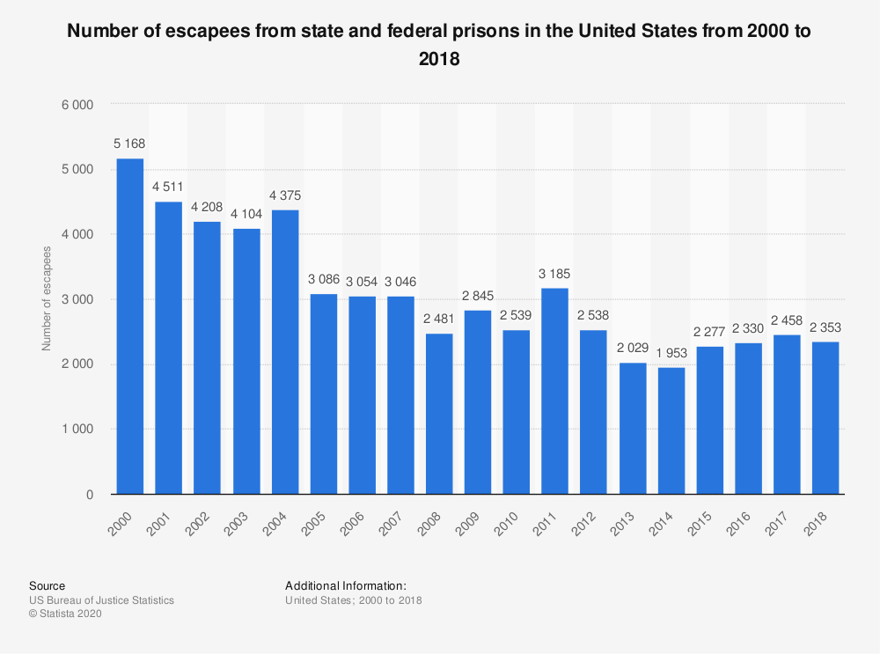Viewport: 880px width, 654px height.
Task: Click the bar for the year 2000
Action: click(x=130, y=327)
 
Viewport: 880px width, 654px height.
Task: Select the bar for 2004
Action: click(x=285, y=352)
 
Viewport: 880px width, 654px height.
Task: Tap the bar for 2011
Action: click(x=555, y=392)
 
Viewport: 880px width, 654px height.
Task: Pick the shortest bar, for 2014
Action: click(x=671, y=431)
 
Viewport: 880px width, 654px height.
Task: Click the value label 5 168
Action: click(x=130, y=143)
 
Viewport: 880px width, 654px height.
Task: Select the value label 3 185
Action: click(x=555, y=273)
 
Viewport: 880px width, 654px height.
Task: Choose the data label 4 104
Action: click(x=246, y=214)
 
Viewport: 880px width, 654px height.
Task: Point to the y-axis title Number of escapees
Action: click(x=47, y=299)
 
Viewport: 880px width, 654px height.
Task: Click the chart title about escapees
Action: click(x=440, y=45)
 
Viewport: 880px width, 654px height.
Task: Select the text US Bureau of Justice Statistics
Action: click(x=101, y=600)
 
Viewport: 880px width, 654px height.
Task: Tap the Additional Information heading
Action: click(x=346, y=585)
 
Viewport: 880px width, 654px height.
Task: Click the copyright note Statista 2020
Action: click(x=66, y=614)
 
